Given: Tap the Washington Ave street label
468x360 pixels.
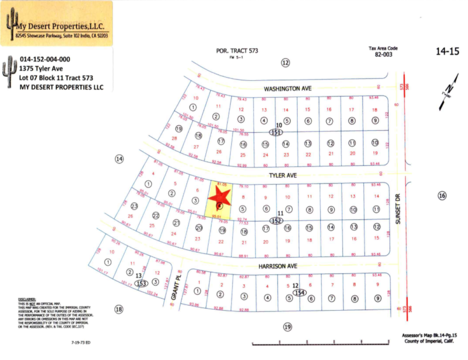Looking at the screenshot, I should (x=288, y=89).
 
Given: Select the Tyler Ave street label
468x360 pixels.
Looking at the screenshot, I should (x=283, y=175).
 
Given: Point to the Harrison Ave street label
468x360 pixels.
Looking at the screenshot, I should (x=278, y=266).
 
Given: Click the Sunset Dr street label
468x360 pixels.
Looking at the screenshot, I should (x=398, y=209).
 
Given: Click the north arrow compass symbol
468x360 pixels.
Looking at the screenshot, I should (x=449, y=92).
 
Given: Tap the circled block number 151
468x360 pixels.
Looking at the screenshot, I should (x=276, y=132).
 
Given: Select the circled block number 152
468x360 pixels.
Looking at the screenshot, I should (x=276, y=221).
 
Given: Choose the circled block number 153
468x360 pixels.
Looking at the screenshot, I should (x=141, y=283).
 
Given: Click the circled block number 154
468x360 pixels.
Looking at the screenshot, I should (x=300, y=292).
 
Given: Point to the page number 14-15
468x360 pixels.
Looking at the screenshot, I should (x=448, y=52).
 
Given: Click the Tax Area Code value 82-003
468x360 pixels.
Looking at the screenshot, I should (x=383, y=54).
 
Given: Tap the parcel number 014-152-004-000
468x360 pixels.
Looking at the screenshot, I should (x=45, y=59).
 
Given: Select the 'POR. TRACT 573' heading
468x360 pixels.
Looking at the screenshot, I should (x=237, y=51).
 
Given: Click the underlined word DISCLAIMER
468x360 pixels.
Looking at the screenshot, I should (x=27, y=299).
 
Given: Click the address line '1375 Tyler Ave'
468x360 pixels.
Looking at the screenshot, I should (x=41, y=68).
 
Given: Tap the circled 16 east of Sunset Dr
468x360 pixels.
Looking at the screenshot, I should (x=442, y=196).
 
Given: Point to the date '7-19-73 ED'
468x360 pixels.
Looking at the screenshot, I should (x=81, y=342).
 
